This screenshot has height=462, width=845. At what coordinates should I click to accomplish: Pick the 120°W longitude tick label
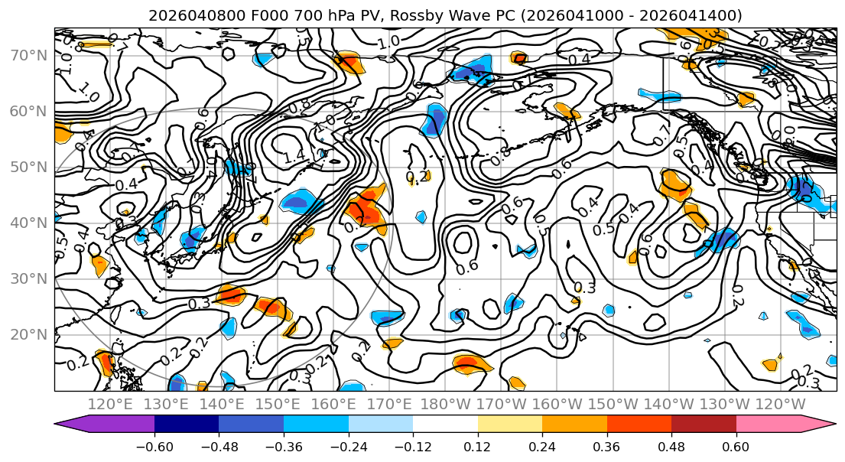[x=779, y=404]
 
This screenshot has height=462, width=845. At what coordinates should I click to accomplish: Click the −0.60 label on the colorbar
[x=154, y=444]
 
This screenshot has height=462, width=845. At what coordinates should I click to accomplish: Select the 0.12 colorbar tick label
[x=478, y=444]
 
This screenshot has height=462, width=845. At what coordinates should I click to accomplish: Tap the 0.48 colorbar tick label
[x=671, y=444]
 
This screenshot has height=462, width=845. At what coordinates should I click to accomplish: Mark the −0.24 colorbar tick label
[x=348, y=444]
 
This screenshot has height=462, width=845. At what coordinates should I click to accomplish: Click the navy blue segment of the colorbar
[x=187, y=424]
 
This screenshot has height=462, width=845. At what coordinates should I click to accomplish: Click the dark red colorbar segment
[x=704, y=424]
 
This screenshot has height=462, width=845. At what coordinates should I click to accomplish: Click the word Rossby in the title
[x=423, y=15]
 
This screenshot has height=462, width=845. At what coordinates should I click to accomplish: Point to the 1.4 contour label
[x=294, y=158]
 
